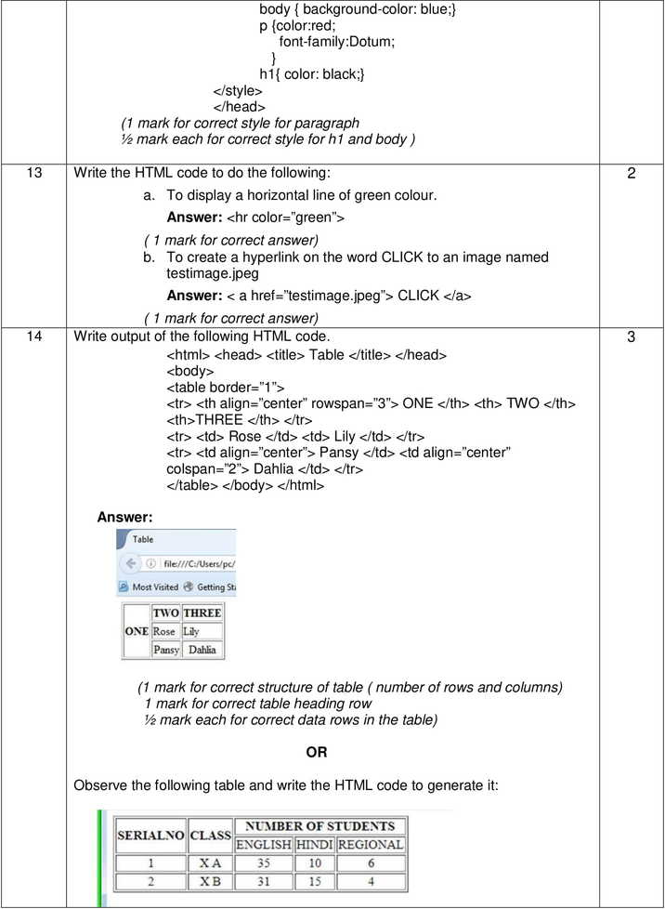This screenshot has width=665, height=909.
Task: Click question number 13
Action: click(x=34, y=174)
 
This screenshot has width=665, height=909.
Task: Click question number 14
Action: click(x=34, y=337)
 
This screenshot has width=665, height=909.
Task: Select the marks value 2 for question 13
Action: click(x=632, y=174)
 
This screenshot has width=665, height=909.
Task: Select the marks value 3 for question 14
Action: click(x=632, y=337)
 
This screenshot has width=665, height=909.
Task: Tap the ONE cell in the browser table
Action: click(x=137, y=631)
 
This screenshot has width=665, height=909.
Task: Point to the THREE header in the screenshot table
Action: click(x=202, y=613)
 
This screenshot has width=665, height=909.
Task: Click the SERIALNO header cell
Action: click(x=150, y=835)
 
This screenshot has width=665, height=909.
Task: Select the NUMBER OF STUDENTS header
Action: click(x=319, y=826)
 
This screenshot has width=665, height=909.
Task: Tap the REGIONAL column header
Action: click(x=371, y=845)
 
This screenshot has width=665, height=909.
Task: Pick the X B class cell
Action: click(x=210, y=881)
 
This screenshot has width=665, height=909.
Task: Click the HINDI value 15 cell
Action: click(x=314, y=881)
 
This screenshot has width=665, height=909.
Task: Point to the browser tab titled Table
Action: click(x=143, y=539)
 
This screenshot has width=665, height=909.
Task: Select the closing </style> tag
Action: click(x=238, y=91)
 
